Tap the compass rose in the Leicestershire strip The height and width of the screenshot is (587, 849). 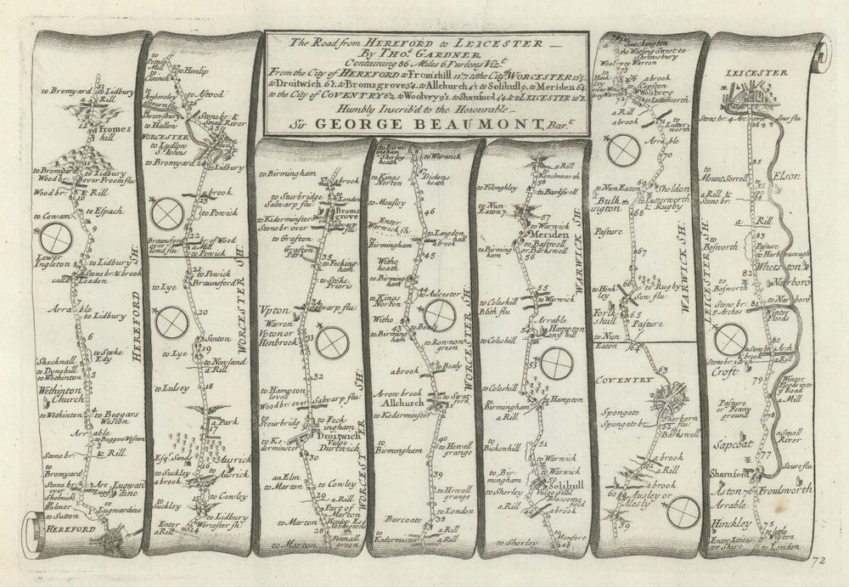730,341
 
